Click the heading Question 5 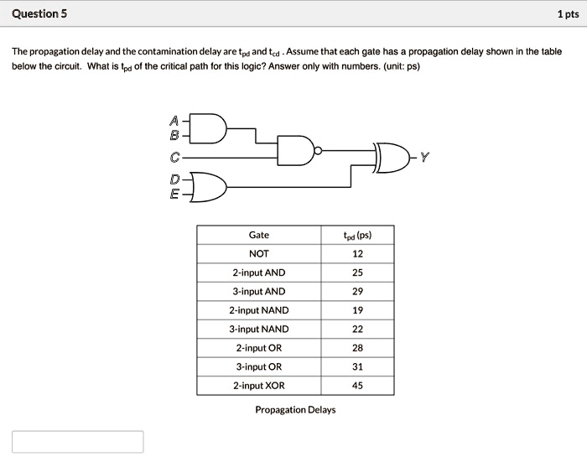(40, 14)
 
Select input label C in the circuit (174, 157)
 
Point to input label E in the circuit (174, 195)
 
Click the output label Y (424, 157)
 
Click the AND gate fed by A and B (210, 127)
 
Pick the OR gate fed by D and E (210, 187)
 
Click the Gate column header (259, 235)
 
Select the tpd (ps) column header (358, 235)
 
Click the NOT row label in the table (259, 253)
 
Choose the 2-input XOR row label (259, 386)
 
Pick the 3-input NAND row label (259, 329)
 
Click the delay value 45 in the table (358, 386)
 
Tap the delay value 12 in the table (358, 253)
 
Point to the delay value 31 (358, 366)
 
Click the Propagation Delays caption (295, 410)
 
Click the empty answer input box (78, 442)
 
